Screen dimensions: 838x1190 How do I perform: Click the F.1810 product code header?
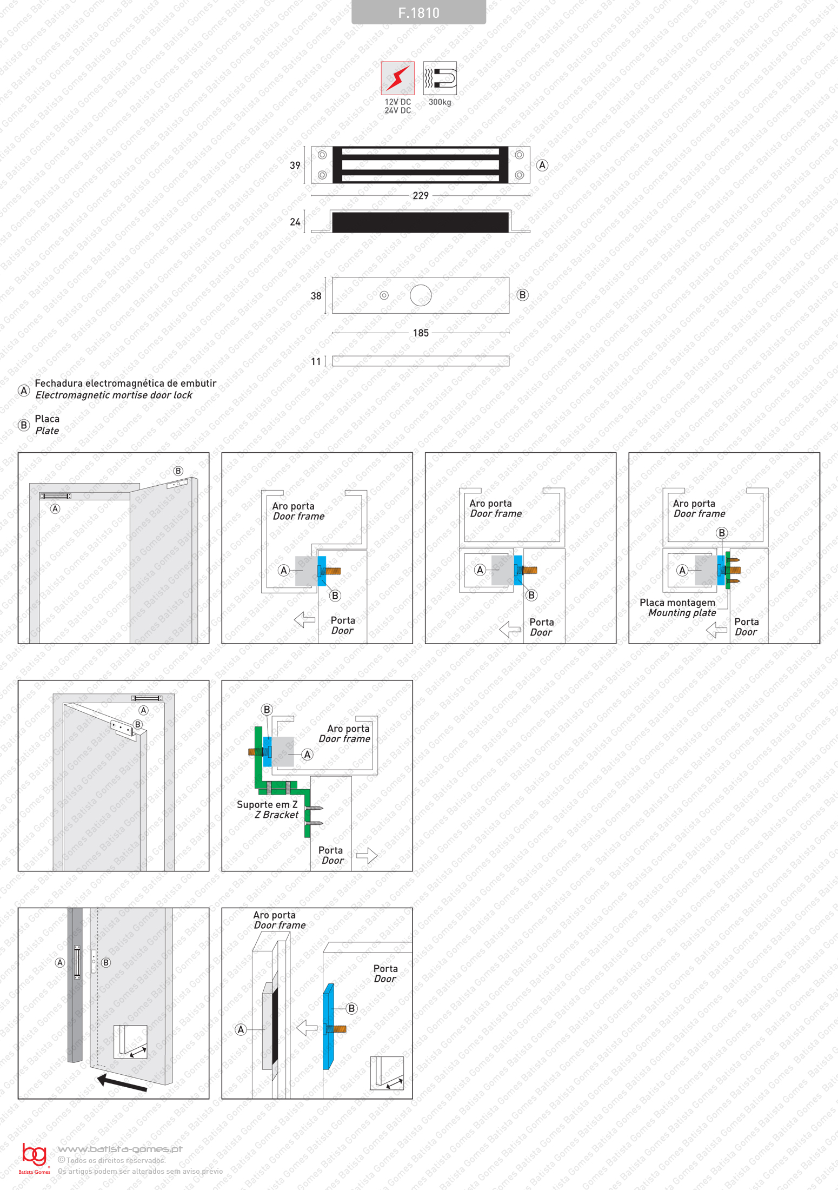point(418,12)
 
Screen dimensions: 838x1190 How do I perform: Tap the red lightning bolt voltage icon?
point(398,78)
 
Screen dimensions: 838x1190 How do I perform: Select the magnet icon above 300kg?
point(440,78)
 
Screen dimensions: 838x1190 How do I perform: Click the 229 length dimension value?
point(421,195)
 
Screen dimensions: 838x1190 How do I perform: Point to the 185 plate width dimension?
point(421,333)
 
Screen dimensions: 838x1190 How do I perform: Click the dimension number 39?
point(295,166)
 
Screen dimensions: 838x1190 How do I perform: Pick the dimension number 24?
point(295,222)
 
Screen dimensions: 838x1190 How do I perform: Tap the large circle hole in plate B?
point(421,295)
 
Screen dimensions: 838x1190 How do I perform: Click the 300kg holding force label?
point(440,102)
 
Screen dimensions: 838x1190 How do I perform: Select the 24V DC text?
point(398,111)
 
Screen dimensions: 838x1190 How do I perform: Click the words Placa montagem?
point(677,603)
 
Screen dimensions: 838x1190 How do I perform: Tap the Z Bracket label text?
point(277,815)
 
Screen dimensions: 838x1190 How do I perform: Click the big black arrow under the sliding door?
point(122,1083)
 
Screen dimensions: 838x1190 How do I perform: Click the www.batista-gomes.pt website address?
point(120,1149)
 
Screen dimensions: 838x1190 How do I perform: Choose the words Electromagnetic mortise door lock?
point(114,395)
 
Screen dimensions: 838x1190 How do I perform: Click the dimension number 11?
point(316,361)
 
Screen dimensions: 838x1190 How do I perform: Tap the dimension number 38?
point(316,296)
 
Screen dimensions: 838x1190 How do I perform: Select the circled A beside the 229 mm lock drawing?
point(542,166)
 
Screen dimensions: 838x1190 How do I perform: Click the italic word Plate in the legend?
point(47,431)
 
